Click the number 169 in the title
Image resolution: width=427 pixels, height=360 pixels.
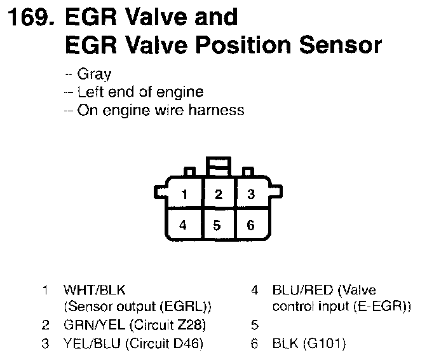click(29, 17)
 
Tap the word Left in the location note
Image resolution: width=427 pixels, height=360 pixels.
click(90, 92)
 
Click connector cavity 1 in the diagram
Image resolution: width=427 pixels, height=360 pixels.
click(184, 195)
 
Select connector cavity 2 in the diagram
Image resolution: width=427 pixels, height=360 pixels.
click(218, 195)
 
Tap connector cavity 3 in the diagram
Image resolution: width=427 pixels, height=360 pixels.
click(251, 195)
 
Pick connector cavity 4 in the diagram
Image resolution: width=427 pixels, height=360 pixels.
click(184, 224)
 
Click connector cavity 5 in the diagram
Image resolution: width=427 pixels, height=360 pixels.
click(218, 224)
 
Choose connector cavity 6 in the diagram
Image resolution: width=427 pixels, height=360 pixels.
click(251, 224)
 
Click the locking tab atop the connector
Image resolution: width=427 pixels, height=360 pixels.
click(218, 167)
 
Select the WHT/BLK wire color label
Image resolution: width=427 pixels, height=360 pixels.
click(91, 291)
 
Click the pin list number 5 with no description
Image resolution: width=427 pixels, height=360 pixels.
click(255, 326)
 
